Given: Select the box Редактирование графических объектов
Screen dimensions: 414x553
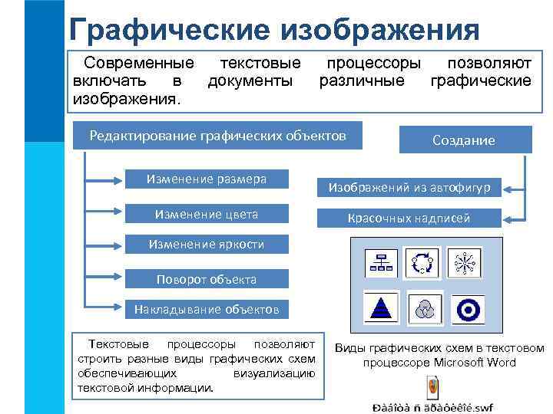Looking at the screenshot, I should tap(217, 136).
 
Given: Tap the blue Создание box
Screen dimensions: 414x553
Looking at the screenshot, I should tap(464, 140).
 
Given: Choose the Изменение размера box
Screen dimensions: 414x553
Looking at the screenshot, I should tap(207, 179).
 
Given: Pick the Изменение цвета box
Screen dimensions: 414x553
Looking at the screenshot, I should tap(207, 214).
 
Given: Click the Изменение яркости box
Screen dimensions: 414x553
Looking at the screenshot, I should tap(207, 245).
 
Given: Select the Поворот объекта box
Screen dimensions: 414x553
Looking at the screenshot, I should tap(207, 278).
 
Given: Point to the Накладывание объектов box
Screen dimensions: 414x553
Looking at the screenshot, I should tap(207, 310).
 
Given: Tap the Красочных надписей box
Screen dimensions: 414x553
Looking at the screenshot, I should tap(409, 219).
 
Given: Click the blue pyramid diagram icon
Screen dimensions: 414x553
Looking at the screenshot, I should tap(379, 308).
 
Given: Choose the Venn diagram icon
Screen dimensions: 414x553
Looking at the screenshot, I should tap(422, 308).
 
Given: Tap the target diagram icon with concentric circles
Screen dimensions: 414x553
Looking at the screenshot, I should tap(466, 308).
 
